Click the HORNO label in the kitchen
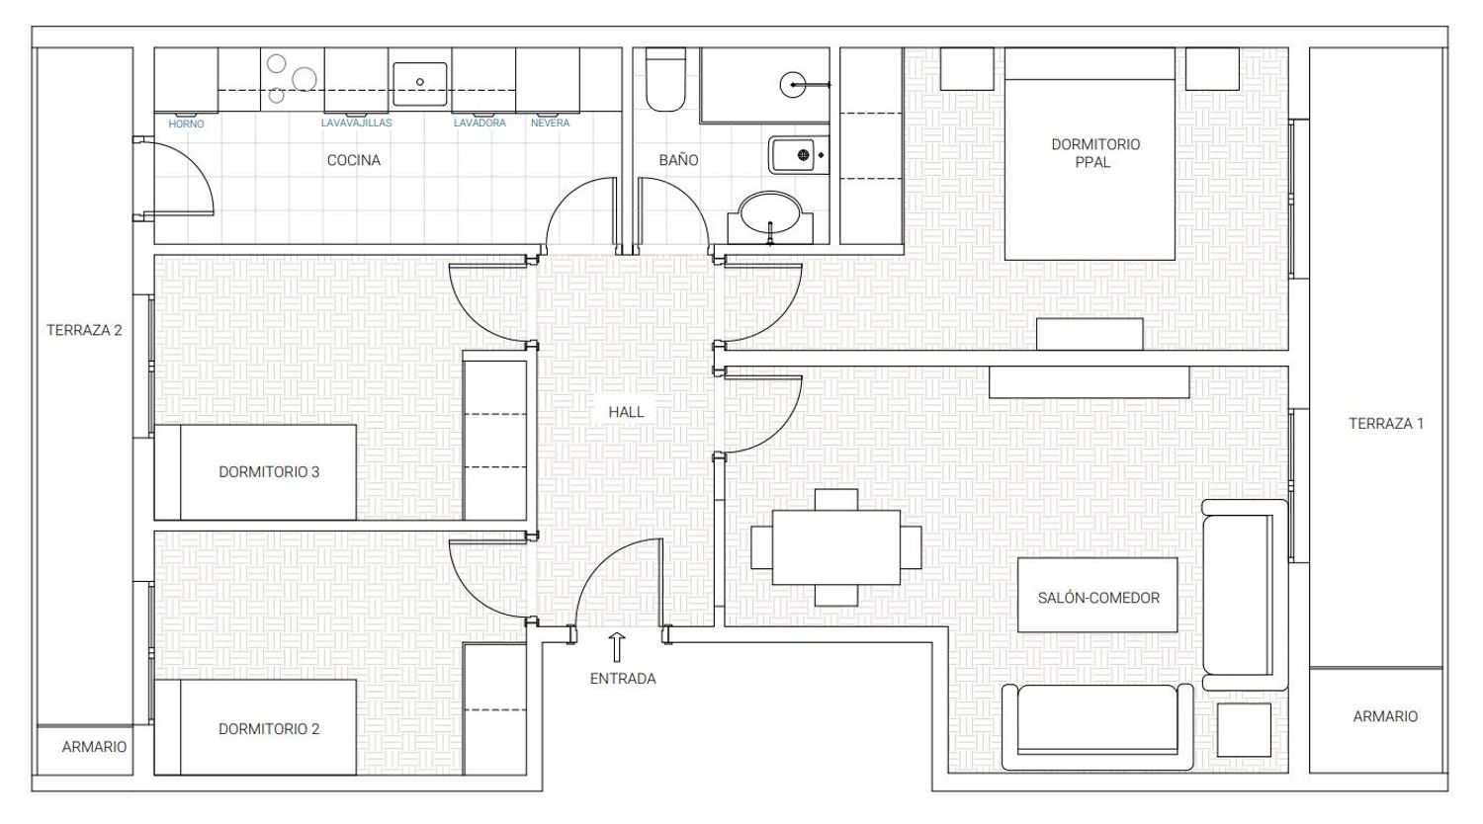click(186, 124)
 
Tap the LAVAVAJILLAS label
click(356, 124)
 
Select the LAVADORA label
click(480, 124)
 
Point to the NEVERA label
click(550, 124)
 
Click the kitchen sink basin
click(420, 84)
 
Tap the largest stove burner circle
click(305, 79)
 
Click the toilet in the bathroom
click(664, 79)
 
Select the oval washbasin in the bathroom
click(770, 212)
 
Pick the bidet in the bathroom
click(799, 155)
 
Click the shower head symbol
click(793, 85)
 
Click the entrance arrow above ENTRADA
click(617, 647)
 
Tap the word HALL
click(626, 412)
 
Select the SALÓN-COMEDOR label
click(1098, 598)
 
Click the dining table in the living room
click(836, 547)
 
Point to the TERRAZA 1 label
click(1386, 424)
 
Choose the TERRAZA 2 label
click(84, 330)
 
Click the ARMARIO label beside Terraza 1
click(1385, 716)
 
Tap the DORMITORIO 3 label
click(269, 472)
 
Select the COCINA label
click(354, 160)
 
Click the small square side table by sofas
click(1244, 730)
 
